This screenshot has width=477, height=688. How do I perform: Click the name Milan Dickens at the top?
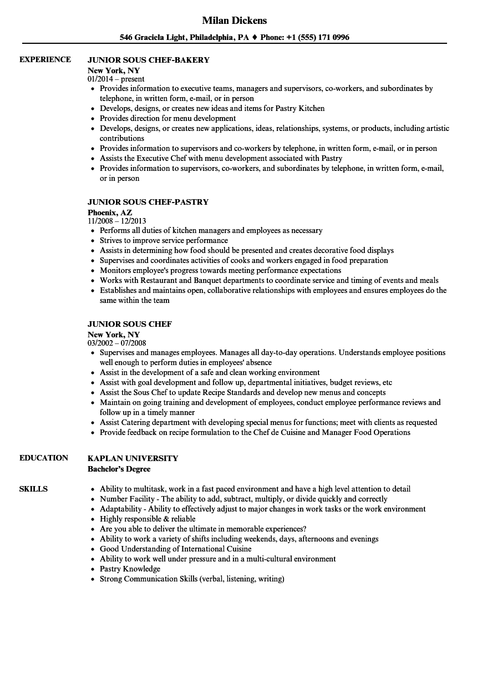point(234,21)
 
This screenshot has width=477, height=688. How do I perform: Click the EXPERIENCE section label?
point(45,59)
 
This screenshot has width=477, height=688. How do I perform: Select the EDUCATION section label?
point(44,458)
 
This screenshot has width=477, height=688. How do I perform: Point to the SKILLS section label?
point(33,489)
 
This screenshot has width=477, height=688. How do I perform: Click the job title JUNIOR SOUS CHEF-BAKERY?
point(149,60)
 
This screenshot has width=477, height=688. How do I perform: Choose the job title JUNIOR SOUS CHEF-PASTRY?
point(148,202)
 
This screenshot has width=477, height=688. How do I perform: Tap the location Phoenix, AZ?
point(110,212)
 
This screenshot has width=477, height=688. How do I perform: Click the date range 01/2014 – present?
point(116,79)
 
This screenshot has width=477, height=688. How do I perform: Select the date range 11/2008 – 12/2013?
point(117,221)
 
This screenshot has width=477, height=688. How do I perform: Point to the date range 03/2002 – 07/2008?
point(117,343)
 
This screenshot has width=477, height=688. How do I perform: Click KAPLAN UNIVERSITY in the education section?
point(133,458)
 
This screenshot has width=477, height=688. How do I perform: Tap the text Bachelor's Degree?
point(119,468)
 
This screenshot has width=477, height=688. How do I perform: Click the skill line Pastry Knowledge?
point(130,569)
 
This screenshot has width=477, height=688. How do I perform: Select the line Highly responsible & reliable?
point(148,519)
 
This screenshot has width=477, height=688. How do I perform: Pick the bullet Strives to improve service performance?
point(164,240)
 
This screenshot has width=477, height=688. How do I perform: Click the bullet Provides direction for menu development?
point(168,118)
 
